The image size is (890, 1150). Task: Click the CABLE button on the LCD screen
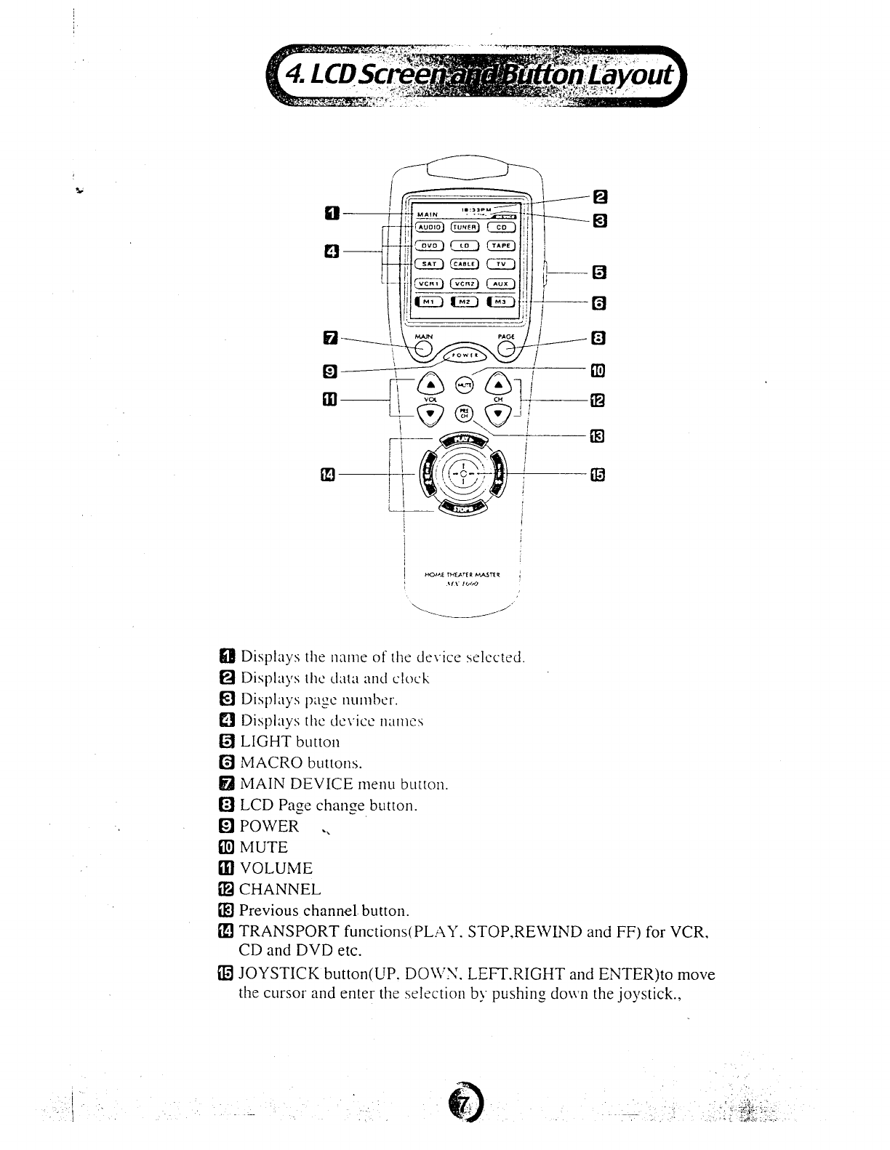(464, 264)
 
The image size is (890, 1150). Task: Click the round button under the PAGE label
(507, 350)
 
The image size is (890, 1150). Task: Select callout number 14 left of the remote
(328, 474)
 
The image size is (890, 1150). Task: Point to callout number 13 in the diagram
(597, 436)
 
